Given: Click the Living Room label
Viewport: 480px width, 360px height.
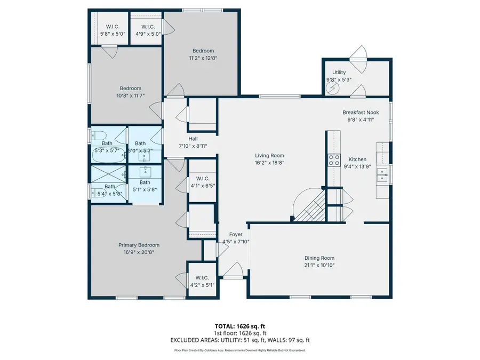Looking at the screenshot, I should tap(269, 155).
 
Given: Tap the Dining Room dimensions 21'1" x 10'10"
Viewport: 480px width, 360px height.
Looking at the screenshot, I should tap(319, 265).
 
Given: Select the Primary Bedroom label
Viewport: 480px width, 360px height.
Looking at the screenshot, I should tap(139, 245).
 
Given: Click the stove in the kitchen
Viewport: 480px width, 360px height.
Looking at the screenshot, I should tap(334, 160).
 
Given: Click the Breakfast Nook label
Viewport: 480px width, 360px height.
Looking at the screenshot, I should tap(358, 113).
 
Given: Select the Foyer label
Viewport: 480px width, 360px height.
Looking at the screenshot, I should tap(235, 234).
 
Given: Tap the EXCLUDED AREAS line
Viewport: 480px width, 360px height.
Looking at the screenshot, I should tap(239, 340).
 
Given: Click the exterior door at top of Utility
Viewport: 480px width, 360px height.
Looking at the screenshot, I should tap(358, 53).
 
